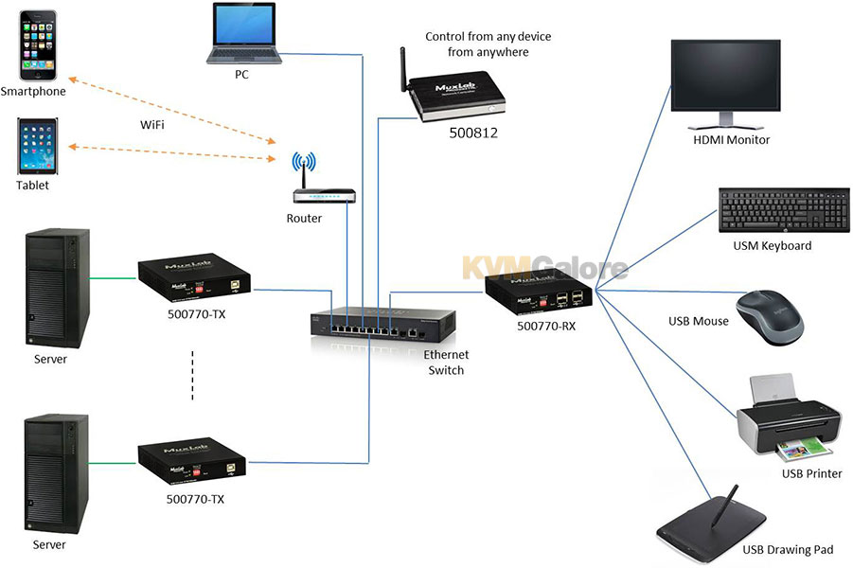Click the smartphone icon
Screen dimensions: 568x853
pyautogui.click(x=39, y=44)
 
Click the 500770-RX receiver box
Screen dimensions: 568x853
pyautogui.click(x=532, y=294)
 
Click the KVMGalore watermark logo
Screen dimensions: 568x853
pyautogui.click(x=544, y=268)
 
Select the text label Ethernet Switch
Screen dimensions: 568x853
pyautogui.click(x=446, y=363)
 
